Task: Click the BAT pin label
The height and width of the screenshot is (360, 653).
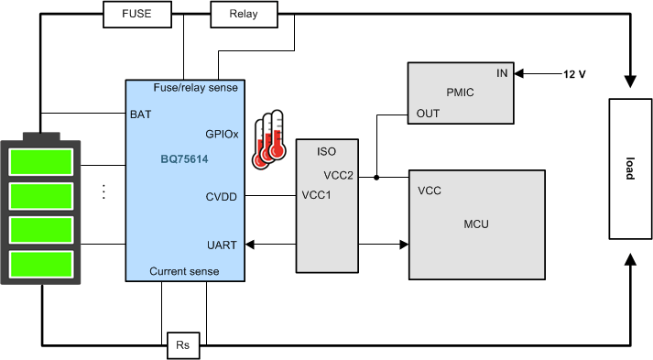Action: point(140,115)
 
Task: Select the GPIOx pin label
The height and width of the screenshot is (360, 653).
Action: point(222,133)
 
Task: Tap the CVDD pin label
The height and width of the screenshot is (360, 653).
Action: point(222,195)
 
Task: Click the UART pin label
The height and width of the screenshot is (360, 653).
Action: point(222,245)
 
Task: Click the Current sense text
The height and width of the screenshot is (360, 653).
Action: point(185,272)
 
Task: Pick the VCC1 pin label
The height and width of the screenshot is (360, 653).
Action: point(317,195)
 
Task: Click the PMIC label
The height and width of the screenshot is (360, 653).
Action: point(459,92)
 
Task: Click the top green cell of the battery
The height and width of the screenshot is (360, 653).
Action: point(41,162)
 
